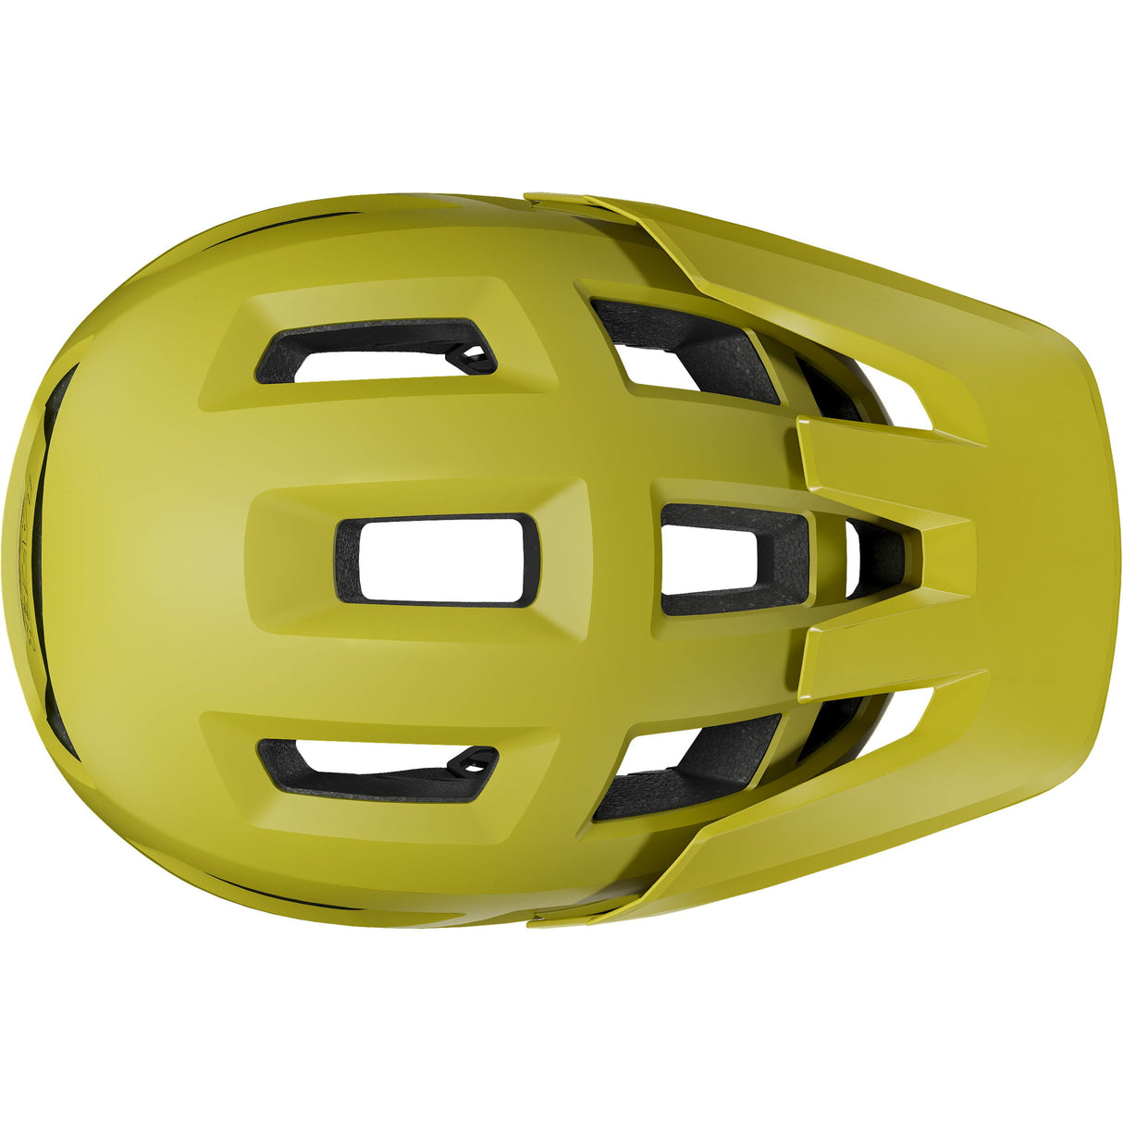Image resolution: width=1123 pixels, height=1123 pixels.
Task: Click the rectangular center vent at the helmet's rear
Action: pos(437,561)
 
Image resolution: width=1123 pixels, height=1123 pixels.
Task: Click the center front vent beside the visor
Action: pos(731,560)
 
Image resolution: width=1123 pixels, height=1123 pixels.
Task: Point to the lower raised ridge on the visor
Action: pos(888,661)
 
